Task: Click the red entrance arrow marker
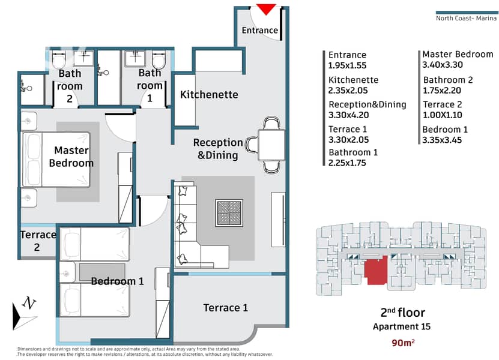(266, 9)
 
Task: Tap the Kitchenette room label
(209, 94)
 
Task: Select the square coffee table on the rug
(229, 213)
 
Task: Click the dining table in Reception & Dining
(271, 145)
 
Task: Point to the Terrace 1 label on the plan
(225, 308)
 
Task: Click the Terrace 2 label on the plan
(38, 241)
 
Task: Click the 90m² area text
(403, 343)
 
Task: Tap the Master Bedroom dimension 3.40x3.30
(443, 65)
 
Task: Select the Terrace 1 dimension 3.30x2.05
(348, 140)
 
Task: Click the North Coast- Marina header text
(466, 18)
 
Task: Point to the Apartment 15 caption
(402, 326)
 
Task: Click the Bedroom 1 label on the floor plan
(118, 281)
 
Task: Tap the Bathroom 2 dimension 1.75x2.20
(442, 91)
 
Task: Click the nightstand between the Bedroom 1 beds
(67, 272)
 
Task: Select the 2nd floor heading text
(402, 313)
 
